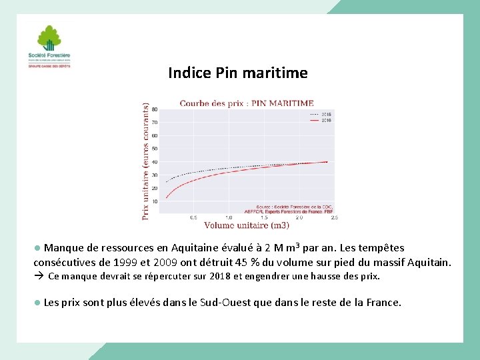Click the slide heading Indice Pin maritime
pos(238,73)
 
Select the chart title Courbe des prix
pos(246,103)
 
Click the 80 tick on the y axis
pos(155,109)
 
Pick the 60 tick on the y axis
pos(155,135)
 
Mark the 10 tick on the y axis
pos(155,201)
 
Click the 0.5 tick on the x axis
pos(193,217)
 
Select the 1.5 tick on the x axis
pos(264,217)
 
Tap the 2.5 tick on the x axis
pos(334,217)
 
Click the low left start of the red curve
pos(166,197)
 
